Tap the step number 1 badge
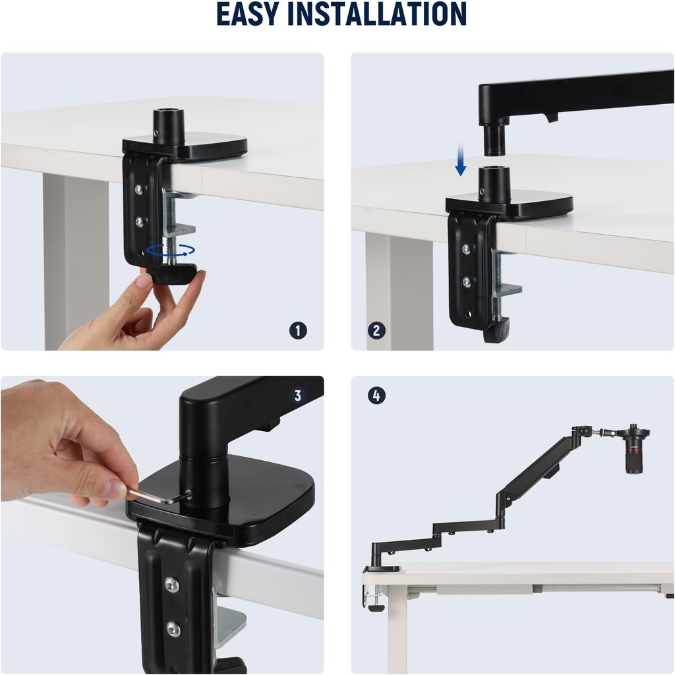point(298,330)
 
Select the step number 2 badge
point(376,330)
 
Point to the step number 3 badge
point(298,396)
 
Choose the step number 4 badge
point(376,396)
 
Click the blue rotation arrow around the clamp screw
point(171,250)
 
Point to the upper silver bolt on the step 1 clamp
point(140,189)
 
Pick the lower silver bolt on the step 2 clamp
point(467,281)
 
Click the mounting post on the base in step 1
point(169,123)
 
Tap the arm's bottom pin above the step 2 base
point(494,140)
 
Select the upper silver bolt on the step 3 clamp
point(172,584)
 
